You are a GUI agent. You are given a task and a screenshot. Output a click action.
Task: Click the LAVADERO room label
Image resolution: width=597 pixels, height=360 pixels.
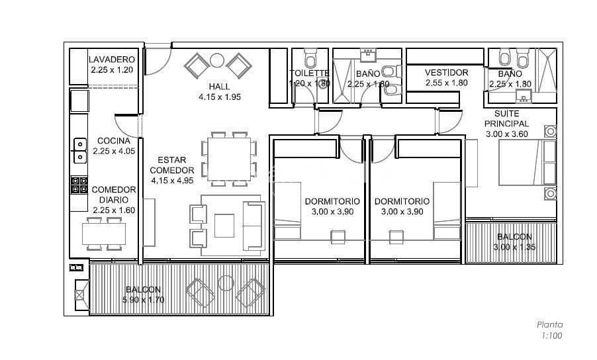[x=112, y=60]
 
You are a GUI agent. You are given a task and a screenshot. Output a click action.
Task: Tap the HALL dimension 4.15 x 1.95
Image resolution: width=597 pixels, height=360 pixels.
[x=220, y=97]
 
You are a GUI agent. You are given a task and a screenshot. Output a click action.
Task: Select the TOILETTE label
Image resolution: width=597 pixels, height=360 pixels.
[x=309, y=73]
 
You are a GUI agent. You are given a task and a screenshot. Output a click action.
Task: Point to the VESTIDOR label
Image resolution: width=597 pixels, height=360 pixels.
[x=446, y=72]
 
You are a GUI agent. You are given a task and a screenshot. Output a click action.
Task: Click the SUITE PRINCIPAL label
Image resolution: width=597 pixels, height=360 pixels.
[x=507, y=118]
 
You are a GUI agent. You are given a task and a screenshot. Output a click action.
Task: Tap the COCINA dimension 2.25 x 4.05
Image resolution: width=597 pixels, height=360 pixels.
[x=114, y=151]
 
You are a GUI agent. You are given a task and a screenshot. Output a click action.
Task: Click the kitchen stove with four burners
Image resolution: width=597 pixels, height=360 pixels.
[x=79, y=185]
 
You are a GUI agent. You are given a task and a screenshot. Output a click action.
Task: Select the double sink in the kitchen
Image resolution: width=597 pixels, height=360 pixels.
[x=80, y=151]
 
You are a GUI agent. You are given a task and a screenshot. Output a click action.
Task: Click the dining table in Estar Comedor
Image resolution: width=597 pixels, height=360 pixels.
[x=229, y=159]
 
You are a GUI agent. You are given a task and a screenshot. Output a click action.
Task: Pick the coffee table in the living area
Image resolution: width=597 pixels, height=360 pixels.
[x=224, y=226]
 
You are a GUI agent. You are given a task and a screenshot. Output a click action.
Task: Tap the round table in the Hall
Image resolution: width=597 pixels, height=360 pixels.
[x=217, y=60]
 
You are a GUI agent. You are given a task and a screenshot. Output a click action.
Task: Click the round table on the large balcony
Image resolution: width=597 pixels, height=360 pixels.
[x=226, y=283]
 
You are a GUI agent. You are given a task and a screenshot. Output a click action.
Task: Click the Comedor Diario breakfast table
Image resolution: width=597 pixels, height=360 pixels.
[x=104, y=234]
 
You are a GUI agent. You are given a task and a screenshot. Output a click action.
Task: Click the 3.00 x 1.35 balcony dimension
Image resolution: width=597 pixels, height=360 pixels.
[x=514, y=247]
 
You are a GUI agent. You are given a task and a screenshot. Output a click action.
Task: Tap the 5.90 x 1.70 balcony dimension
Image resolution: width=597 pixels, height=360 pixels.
[x=144, y=300]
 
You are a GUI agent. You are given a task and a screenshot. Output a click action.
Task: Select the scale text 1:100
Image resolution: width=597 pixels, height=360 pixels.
[x=551, y=336]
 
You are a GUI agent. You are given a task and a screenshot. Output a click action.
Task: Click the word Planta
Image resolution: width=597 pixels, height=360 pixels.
[x=550, y=325]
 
